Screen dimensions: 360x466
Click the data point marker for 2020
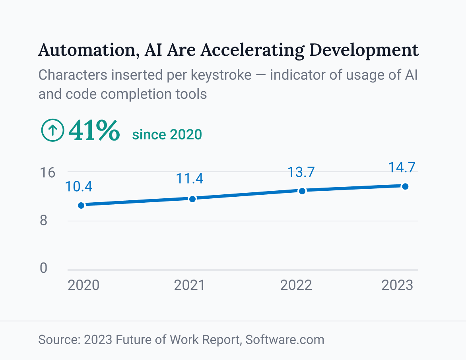(x=81, y=205)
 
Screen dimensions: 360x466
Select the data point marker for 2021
(x=192, y=199)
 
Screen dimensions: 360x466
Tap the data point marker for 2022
(x=302, y=191)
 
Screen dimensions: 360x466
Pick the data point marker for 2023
(x=405, y=186)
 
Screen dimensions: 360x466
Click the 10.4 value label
(x=79, y=186)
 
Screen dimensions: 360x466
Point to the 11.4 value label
(x=190, y=179)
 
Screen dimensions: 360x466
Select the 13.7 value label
(x=301, y=172)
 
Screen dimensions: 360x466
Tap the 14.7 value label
(x=402, y=167)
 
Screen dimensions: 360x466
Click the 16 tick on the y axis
(x=47, y=172)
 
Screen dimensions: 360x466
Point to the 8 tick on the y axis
(x=43, y=220)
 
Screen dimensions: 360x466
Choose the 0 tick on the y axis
(x=43, y=268)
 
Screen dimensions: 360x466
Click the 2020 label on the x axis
(x=83, y=286)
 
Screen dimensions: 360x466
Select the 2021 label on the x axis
(x=190, y=286)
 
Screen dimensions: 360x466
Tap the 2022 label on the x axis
(x=296, y=286)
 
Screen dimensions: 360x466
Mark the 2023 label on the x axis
(x=397, y=286)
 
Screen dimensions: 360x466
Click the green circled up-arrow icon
(x=52, y=131)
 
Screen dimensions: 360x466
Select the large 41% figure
(x=94, y=131)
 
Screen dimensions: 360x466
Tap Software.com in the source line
(x=285, y=340)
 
